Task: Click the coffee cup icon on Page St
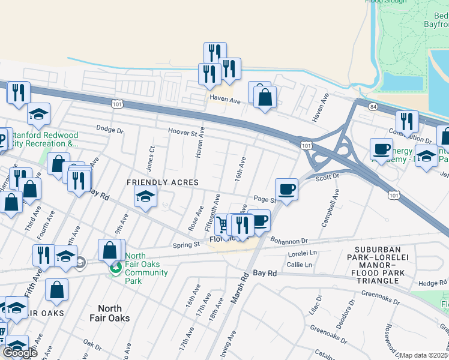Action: tap(286, 190)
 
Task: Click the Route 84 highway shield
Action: tap(373, 106)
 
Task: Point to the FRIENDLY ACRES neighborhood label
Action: tap(162, 182)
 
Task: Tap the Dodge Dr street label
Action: tap(110, 129)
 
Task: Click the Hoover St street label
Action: tap(183, 131)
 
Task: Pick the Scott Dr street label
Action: tap(327, 177)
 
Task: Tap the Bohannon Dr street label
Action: tap(288, 241)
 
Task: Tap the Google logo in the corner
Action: tap(20, 353)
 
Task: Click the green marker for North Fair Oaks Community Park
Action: tap(114, 268)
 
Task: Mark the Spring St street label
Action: tap(186, 245)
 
